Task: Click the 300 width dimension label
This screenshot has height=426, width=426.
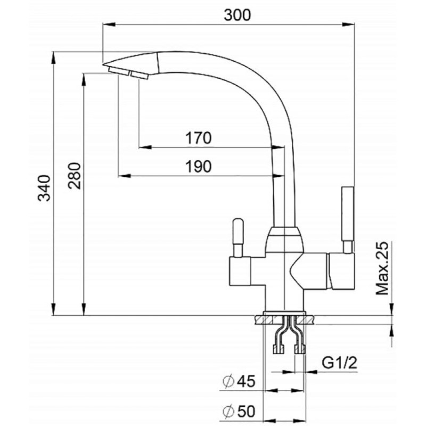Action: (x=237, y=15)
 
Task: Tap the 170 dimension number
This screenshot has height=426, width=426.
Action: (x=198, y=138)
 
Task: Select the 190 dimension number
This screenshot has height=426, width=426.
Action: (x=198, y=166)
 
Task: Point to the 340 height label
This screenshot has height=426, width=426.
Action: (x=44, y=188)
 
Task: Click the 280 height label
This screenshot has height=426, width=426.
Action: (x=75, y=176)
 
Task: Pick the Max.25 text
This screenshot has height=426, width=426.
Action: (x=382, y=268)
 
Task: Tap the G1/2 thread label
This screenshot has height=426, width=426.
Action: (x=339, y=363)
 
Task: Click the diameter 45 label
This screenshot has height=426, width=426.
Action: (x=239, y=381)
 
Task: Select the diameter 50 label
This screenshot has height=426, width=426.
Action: (x=239, y=411)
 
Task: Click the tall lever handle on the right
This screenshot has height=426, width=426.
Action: (x=348, y=220)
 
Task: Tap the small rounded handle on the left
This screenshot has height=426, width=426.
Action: (x=237, y=237)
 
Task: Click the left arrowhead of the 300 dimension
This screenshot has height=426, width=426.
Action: (x=109, y=24)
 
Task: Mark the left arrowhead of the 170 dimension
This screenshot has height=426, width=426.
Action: (x=145, y=148)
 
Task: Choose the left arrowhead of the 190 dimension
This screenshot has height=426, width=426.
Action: (x=125, y=176)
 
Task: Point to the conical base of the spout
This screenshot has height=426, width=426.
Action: (x=284, y=239)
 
